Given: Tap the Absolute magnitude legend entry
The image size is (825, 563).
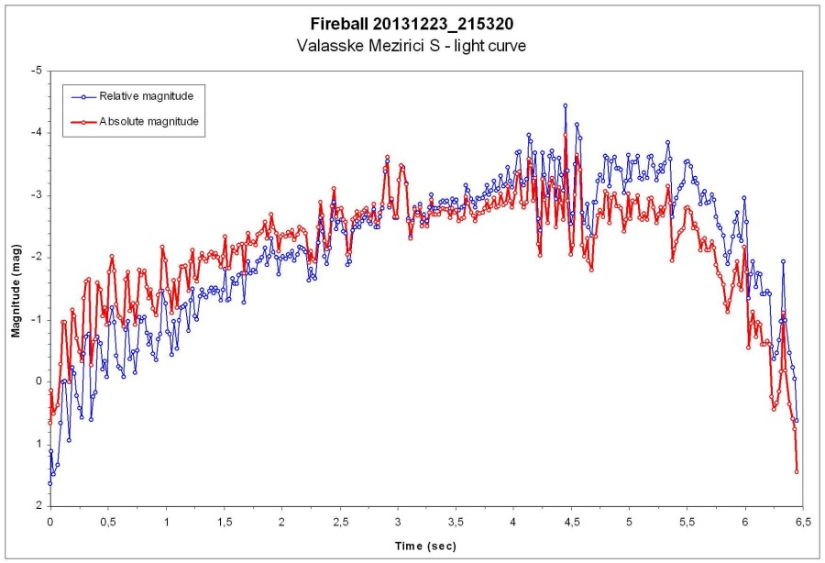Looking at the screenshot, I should (151, 121).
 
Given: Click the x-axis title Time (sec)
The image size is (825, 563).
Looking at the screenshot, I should (424, 546).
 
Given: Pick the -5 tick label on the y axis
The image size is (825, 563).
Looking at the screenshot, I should (36, 71).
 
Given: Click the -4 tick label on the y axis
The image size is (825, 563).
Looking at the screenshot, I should (36, 133).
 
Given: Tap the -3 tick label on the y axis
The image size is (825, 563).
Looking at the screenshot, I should (36, 195).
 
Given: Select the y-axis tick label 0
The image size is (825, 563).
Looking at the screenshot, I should (38, 381).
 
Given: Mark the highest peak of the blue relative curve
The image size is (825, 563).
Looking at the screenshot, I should (565, 106).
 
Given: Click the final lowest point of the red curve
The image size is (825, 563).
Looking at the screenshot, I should (797, 472).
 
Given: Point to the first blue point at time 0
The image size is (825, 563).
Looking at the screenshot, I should (50, 483).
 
